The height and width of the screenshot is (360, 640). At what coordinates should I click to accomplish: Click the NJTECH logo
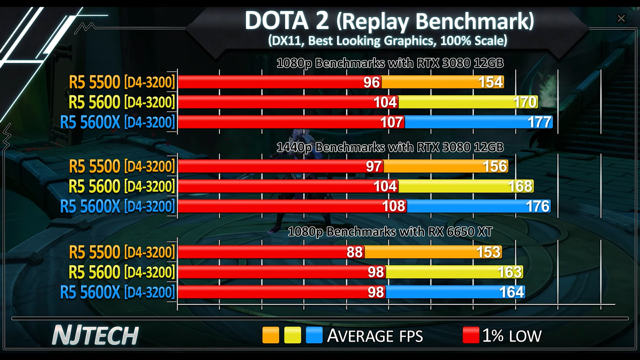click(95, 335)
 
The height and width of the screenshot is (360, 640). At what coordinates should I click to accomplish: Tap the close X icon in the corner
click(621, 18)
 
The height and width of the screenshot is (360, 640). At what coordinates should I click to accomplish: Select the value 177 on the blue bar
click(540, 122)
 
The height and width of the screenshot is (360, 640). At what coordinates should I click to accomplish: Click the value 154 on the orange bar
click(490, 82)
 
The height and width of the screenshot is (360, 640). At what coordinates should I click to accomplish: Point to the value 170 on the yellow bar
click(525, 102)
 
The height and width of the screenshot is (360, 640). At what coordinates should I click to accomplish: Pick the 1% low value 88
click(354, 252)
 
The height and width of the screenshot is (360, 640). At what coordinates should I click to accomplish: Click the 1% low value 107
click(391, 122)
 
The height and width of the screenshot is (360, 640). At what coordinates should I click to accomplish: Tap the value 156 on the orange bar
click(495, 166)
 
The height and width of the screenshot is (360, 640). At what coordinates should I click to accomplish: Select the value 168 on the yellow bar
click(520, 186)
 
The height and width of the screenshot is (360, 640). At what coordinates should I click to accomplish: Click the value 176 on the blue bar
click(538, 206)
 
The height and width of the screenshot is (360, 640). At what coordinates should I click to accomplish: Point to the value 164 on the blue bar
click(512, 292)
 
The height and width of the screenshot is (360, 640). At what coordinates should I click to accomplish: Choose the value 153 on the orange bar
click(488, 252)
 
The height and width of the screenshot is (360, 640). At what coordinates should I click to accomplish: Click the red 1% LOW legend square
click(471, 335)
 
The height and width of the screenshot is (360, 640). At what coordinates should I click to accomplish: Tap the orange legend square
click(270, 335)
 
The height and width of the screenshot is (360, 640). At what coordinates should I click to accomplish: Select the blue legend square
click(314, 335)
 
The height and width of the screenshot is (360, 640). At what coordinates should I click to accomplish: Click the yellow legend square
click(292, 335)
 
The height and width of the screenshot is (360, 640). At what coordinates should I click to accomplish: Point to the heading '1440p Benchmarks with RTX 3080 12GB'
click(390, 148)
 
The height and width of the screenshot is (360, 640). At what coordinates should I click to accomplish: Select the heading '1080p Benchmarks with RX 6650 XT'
click(390, 232)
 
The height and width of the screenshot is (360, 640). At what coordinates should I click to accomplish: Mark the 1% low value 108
click(394, 206)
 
